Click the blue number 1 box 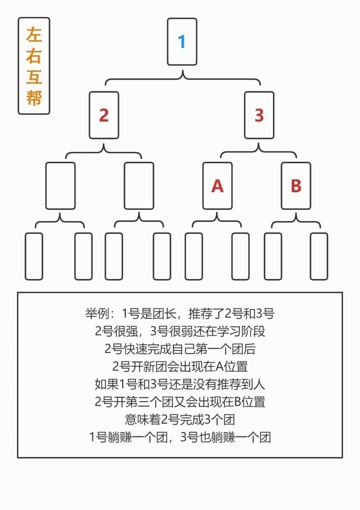point(182,42)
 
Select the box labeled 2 point(104,115)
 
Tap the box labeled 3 point(259,115)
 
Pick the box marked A point(217,186)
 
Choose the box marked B point(296,186)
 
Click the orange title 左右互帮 point(34,66)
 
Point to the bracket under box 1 point(183,79)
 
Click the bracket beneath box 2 point(103,152)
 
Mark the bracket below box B point(296,221)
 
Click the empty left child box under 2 point(60,186)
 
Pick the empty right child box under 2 point(139,186)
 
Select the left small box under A point(193,256)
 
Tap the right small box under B point(319,256)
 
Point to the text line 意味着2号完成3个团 point(180,420)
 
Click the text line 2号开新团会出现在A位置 point(180,366)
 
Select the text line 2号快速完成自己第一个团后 point(180,349)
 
